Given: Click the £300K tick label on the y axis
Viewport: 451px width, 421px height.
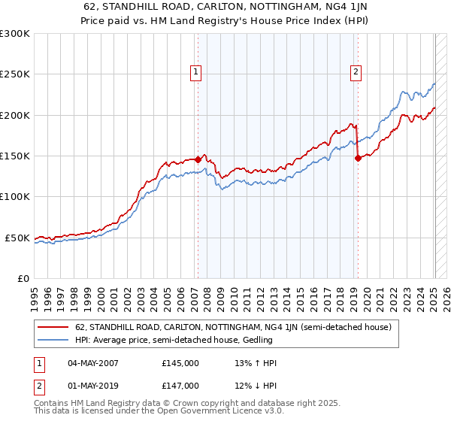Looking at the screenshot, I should click(15, 34).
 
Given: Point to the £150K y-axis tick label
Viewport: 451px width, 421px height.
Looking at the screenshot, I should click(15, 156).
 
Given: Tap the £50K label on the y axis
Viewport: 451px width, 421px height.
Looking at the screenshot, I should click(18, 238).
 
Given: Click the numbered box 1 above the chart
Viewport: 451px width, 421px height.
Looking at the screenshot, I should click(197, 72).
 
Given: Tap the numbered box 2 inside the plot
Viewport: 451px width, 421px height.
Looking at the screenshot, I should click(356, 72).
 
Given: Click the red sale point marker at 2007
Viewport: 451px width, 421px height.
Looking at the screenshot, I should click(198, 159).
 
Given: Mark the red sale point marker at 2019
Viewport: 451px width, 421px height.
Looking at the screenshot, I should click(357, 158).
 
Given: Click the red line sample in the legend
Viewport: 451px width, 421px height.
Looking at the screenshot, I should click(54, 328).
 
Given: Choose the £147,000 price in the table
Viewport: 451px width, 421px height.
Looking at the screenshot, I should click(180, 386).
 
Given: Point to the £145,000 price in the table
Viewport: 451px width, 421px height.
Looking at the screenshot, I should click(180, 363).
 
